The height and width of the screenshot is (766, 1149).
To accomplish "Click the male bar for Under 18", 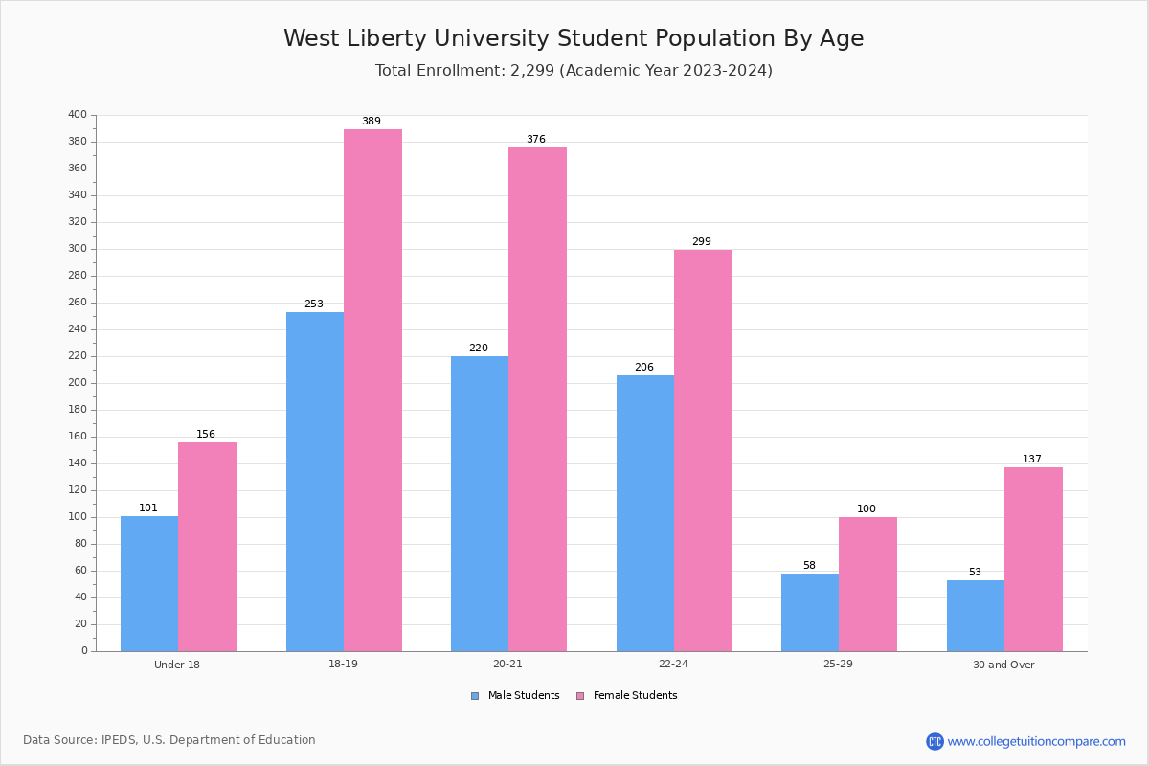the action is coord(149,584).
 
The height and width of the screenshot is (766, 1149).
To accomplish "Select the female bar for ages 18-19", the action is coord(372,391).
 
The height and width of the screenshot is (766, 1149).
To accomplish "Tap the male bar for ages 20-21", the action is coord(480,504).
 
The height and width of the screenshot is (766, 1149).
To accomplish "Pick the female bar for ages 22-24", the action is coord(703,451).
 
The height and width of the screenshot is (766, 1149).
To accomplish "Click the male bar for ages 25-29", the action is coord(810,613).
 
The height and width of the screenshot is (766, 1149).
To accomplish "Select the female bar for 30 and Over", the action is coord(1033,559).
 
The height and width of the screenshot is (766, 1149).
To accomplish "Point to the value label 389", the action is coord(372,121).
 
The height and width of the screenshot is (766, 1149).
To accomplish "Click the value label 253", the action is coord(314,304).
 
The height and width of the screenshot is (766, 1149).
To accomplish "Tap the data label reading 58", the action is coord(809,565).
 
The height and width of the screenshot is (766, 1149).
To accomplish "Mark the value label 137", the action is coord(1032,459).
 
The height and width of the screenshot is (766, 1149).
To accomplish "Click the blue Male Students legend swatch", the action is coord(475,696).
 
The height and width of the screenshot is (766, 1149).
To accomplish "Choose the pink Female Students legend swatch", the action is coord(580,696).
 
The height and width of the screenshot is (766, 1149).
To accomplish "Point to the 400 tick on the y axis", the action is coord(78,114).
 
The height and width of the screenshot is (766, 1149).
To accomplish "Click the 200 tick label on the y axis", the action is coord(78,383).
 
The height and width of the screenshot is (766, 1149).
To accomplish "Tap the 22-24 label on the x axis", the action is coord(673,664).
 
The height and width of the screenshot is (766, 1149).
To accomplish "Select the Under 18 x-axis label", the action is coord(177,665).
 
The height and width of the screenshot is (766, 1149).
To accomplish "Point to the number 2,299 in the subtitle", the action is coord(532,70).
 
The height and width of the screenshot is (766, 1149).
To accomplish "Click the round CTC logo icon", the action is coord(935,741).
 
